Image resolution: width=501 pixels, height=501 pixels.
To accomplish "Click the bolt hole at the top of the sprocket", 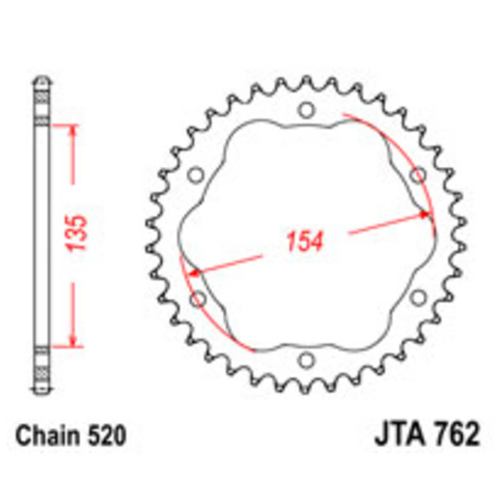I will (x=306, y=111).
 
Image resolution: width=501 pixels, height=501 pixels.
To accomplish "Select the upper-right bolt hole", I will (x=418, y=175).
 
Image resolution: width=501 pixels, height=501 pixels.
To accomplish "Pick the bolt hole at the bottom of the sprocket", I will (x=306, y=360).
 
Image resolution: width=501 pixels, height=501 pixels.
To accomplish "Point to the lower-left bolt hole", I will (x=198, y=299).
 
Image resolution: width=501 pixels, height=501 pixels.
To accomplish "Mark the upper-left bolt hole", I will (x=195, y=175).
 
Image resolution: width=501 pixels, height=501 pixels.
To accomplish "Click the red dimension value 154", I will (x=305, y=242).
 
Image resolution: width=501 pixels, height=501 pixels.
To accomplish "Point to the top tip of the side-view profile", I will (x=41, y=78).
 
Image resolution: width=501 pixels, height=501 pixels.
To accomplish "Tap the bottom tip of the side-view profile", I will (x=41, y=393).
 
